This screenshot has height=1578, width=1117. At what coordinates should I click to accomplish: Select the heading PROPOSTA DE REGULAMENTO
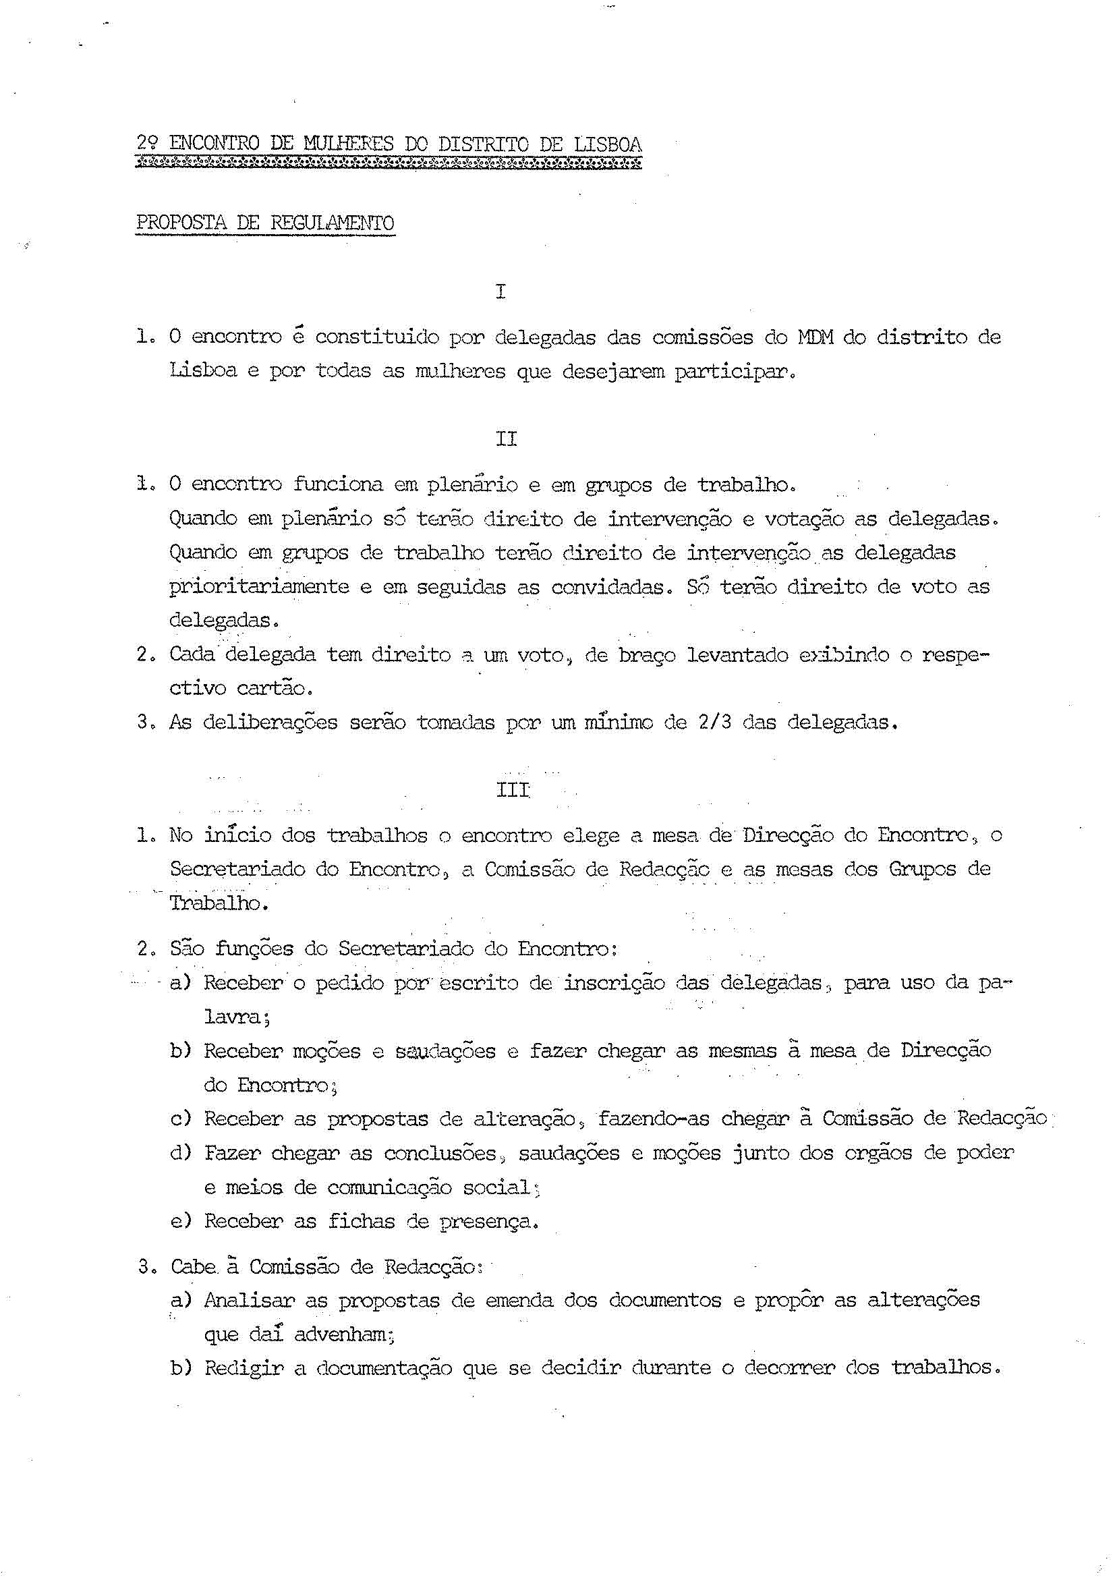point(266,223)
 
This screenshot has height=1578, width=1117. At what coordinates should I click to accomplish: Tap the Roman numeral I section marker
point(500,291)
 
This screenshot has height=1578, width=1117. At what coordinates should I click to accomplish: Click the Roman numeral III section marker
point(513,791)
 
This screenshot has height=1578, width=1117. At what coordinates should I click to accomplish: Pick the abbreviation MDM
point(815,338)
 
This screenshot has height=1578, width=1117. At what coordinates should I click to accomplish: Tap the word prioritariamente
point(258,587)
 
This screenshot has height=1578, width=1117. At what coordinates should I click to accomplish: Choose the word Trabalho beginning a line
point(218,903)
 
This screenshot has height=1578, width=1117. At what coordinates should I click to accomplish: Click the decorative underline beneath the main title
point(389,164)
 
